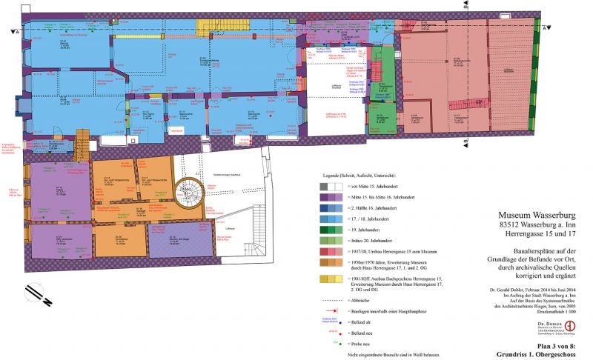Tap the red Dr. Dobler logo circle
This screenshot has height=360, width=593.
coord(569,326)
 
